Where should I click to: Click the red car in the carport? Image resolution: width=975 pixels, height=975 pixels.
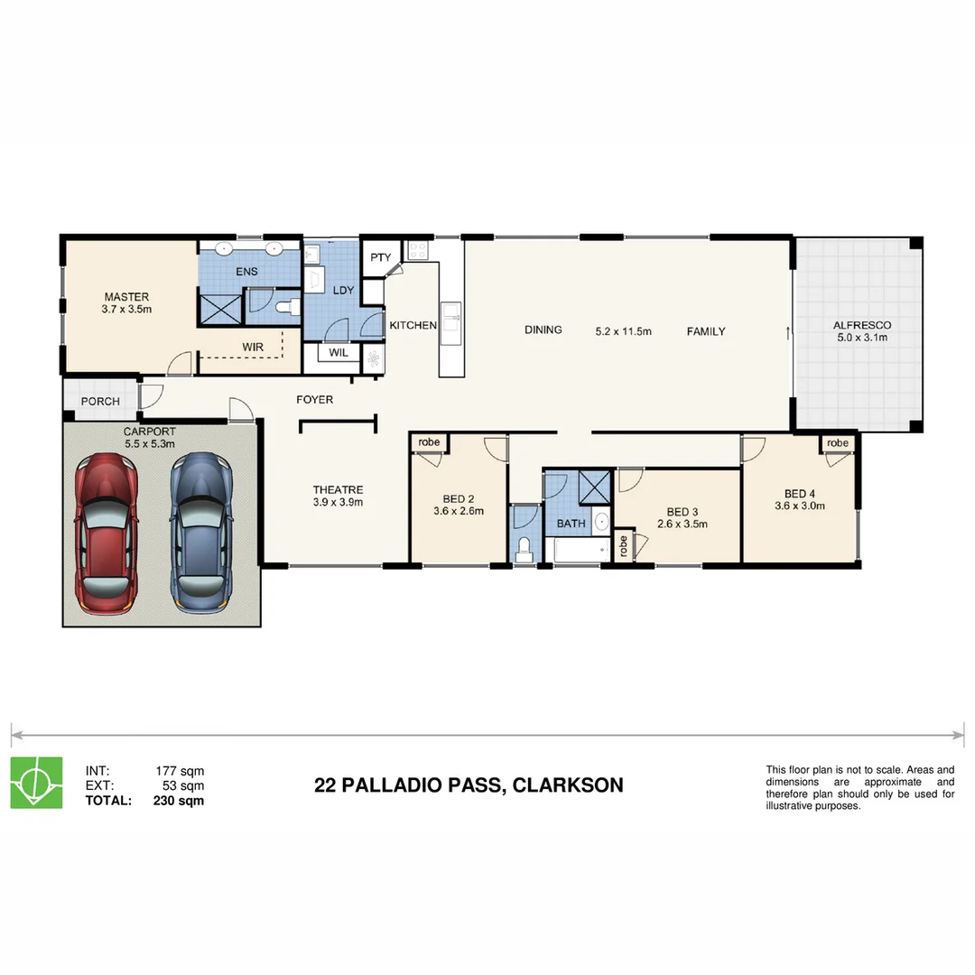(x=106, y=533)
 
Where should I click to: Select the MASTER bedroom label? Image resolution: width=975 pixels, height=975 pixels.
(x=126, y=297)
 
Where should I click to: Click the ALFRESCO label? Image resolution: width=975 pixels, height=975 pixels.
(x=861, y=325)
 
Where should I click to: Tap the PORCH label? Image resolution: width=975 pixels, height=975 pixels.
(x=100, y=402)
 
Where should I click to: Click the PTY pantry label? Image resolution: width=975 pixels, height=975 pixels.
(x=379, y=257)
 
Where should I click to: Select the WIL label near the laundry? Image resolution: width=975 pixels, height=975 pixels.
(x=339, y=353)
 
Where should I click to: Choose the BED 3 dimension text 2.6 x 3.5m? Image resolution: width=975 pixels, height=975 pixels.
(x=682, y=524)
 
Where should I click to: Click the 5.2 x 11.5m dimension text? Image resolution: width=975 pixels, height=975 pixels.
(x=623, y=331)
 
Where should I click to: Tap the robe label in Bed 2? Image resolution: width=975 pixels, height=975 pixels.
(x=429, y=442)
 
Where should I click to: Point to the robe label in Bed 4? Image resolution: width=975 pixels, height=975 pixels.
(x=838, y=443)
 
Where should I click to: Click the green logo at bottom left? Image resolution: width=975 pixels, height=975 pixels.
(x=36, y=782)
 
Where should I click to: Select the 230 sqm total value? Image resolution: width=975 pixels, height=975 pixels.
(x=180, y=800)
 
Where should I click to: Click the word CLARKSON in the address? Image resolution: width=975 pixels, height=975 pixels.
(x=567, y=785)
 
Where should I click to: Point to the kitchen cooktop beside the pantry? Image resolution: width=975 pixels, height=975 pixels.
(x=418, y=250)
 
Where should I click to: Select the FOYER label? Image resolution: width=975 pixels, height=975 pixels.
(x=314, y=399)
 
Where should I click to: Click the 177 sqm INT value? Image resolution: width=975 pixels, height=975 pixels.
(x=180, y=771)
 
